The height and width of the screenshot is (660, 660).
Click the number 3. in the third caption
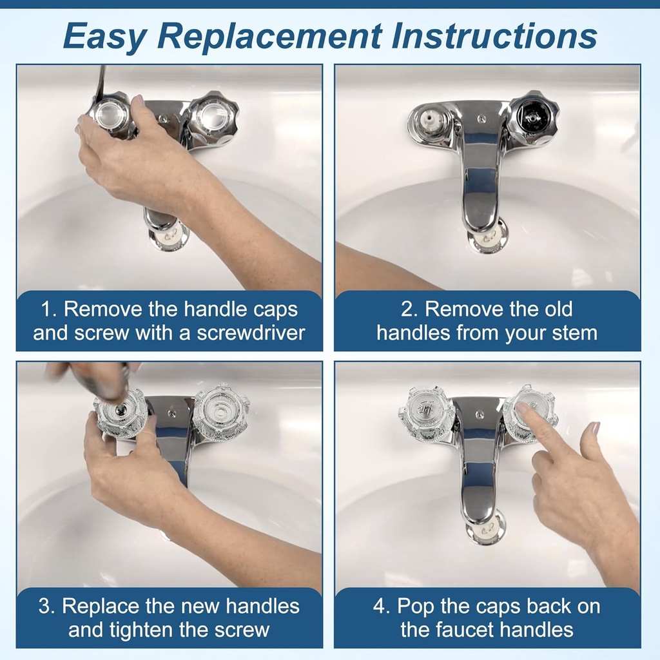click(x=47, y=607)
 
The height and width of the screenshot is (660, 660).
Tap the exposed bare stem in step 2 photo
click(x=429, y=120)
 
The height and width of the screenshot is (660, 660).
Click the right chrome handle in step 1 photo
click(x=213, y=119)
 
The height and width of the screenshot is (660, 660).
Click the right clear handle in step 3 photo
click(x=220, y=412)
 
